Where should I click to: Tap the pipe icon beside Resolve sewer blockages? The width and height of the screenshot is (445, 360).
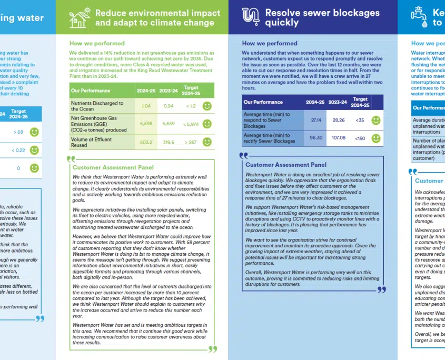click(x=250, y=16)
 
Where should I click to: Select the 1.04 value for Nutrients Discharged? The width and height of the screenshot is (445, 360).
click(x=146, y=106)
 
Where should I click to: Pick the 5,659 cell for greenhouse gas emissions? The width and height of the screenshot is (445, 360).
click(x=169, y=124)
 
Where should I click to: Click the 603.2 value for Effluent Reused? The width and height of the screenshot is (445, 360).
click(x=146, y=142)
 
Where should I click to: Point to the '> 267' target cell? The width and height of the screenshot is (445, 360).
click(x=190, y=142)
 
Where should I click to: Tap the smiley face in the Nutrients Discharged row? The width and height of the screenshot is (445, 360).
click(x=207, y=106)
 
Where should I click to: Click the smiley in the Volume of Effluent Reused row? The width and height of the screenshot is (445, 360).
click(x=207, y=142)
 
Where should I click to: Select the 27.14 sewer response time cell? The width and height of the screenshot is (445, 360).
click(x=317, y=120)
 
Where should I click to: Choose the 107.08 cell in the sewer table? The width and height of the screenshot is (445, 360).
click(x=339, y=138)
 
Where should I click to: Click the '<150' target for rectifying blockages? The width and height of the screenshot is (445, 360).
click(x=360, y=138)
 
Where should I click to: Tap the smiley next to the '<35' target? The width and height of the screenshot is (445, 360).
click(x=375, y=120)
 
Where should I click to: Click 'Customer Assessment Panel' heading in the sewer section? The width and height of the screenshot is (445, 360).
click(x=285, y=165)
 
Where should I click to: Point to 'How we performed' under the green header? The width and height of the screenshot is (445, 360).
click(x=97, y=43)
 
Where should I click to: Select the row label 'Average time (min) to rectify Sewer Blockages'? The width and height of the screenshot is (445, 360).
click(x=269, y=138)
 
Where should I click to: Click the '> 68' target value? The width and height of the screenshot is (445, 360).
click(x=18, y=132)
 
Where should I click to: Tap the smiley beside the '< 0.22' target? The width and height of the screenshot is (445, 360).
click(x=34, y=151)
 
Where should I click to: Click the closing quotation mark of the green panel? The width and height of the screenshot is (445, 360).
click(x=212, y=348)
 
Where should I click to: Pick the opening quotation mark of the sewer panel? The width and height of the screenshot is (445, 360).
click(x=243, y=156)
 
